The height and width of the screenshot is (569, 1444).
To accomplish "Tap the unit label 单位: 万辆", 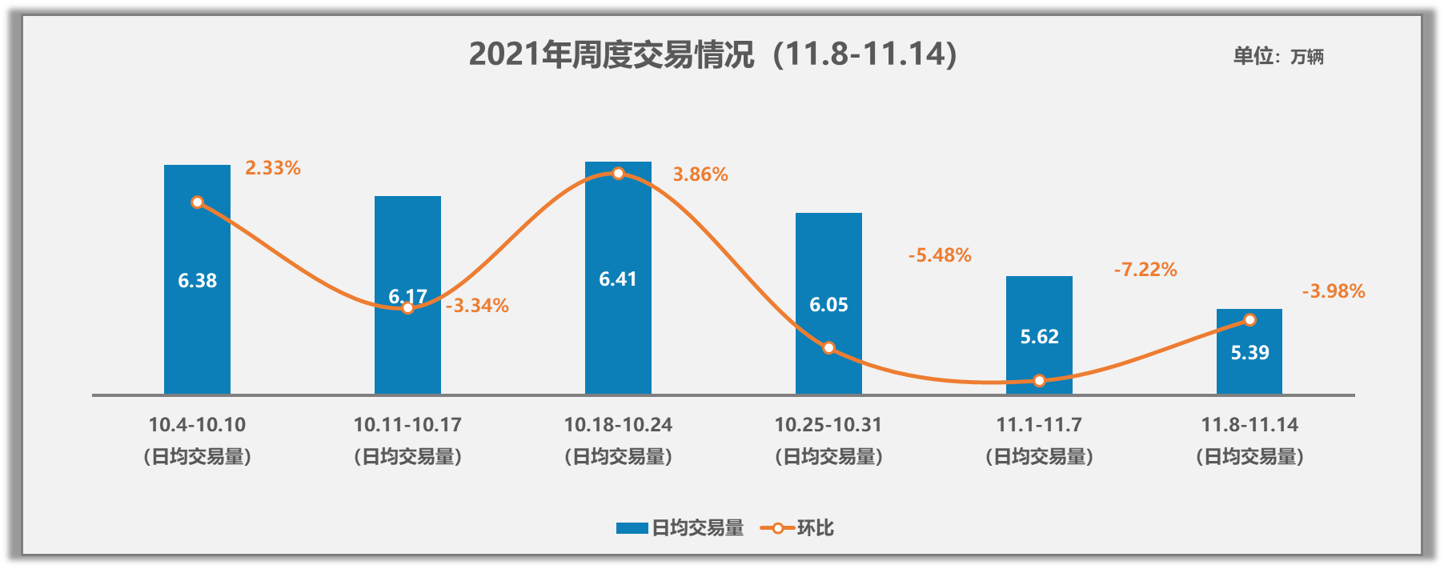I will coord(1278,56).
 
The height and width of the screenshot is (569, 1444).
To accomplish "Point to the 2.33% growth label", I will coord(273,168).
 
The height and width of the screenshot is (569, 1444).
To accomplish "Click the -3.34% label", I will coord(477,306).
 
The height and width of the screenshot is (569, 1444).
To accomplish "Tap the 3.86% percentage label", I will coord(700,174).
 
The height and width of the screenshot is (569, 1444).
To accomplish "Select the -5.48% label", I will coord(940,255).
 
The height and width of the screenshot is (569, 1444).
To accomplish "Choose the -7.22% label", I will coord(1145,270).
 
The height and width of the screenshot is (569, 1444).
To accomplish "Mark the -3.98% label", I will coord(1334,291).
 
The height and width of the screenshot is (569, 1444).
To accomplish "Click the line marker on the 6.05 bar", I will coord(829,348).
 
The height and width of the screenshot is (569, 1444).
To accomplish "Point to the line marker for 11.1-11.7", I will coord(1039,381).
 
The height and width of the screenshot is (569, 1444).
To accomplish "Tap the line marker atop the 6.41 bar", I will coord(618,174).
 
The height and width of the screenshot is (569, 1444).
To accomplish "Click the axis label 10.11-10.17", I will coord(407,425).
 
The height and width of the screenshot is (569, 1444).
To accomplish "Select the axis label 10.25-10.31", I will coord(828,425).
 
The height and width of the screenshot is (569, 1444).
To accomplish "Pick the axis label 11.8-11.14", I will coord(1249,425).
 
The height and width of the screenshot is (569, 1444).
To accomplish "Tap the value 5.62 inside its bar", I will coord(1039,337).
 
